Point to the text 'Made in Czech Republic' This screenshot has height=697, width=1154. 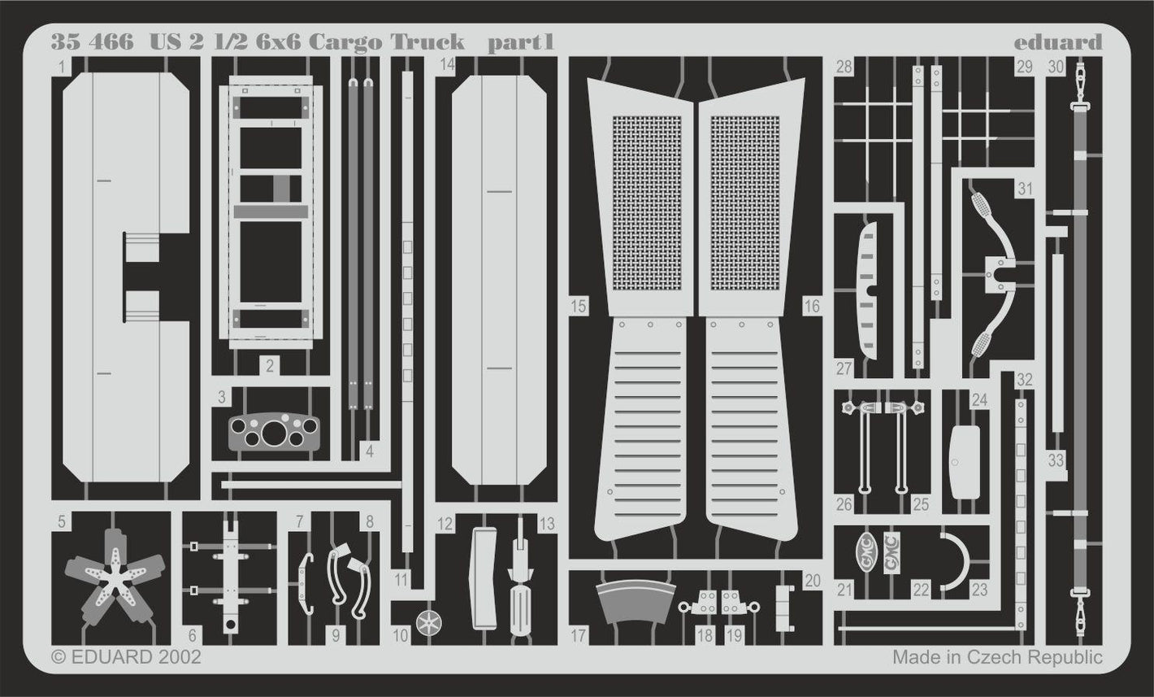pyautogui.click(x=997, y=656)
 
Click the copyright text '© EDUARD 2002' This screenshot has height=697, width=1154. pyautogui.click(x=126, y=656)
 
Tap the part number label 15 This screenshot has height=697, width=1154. pyautogui.click(x=578, y=306)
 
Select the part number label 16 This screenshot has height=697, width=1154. pyautogui.click(x=812, y=306)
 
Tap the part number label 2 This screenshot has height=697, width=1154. pyautogui.click(x=270, y=367)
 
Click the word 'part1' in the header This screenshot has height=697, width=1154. pyautogui.click(x=520, y=42)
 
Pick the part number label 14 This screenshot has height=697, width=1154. pyautogui.click(x=447, y=67)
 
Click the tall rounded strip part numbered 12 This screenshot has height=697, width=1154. pyautogui.click(x=487, y=577)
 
